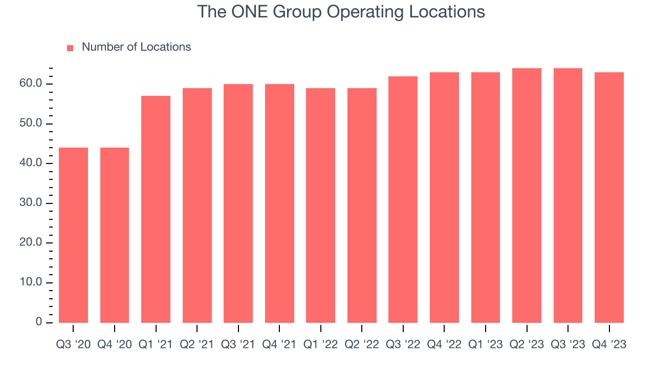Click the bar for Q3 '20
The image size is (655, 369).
point(74,235)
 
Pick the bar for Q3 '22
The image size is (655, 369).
point(403,199)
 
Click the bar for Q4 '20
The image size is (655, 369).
point(115,235)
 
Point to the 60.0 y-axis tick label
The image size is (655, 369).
point(31,84)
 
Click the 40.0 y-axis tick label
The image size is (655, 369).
point(31,163)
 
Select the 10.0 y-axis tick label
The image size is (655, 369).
point(31,283)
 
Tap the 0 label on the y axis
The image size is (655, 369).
point(39,322)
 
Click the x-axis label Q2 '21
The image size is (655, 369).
point(197,344)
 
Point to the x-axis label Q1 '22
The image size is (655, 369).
point(321,344)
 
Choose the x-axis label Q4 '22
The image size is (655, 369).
point(444,344)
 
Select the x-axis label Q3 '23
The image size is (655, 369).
point(568,344)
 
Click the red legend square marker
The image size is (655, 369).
point(71,48)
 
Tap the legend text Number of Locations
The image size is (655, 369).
point(136,47)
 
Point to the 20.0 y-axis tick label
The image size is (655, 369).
point(31,243)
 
